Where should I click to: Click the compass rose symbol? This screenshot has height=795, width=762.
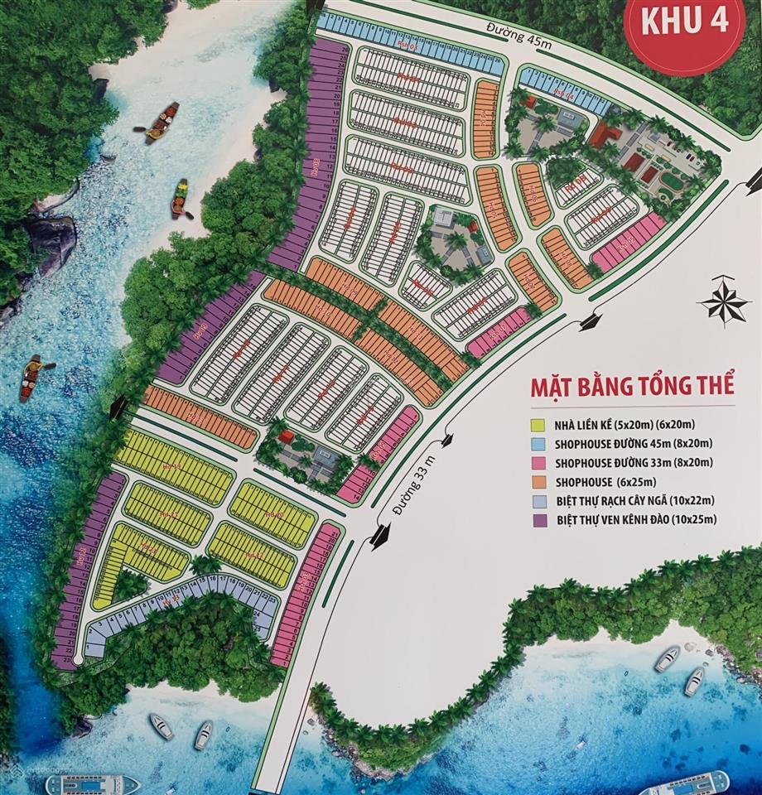[724, 301]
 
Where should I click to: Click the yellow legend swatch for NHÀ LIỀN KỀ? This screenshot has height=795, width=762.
[536, 426]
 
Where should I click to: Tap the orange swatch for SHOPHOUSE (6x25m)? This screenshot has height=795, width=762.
[536, 482]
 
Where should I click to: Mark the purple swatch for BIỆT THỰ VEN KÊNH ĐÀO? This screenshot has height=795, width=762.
[536, 520]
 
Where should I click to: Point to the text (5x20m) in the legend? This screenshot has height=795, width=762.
[648, 426]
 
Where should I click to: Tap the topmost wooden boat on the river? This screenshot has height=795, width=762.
[162, 123]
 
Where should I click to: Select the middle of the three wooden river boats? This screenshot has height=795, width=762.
[180, 200]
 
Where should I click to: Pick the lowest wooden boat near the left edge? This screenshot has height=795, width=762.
[31, 377]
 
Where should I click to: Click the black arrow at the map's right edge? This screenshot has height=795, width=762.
[754, 176]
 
